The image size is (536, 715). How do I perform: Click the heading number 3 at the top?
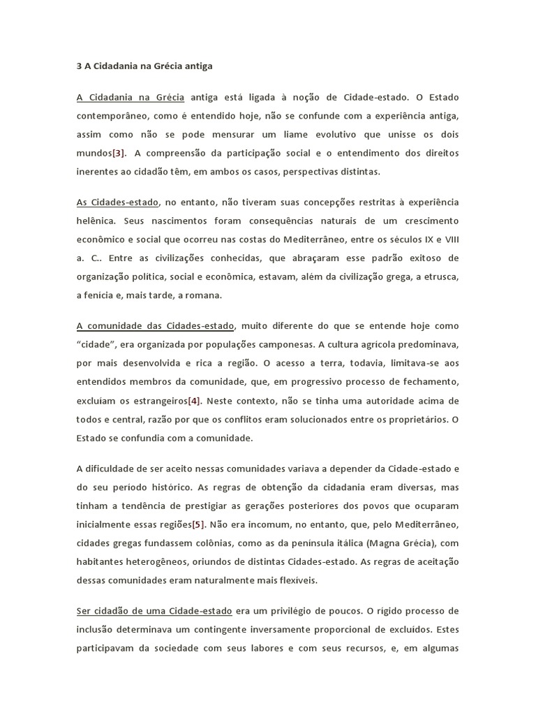click(80, 67)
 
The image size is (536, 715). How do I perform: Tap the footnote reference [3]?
click(119, 153)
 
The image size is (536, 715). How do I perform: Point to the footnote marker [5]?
click(198, 524)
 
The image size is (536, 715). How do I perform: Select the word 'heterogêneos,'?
click(161, 561)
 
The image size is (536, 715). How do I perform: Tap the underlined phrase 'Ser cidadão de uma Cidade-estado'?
click(154, 611)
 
